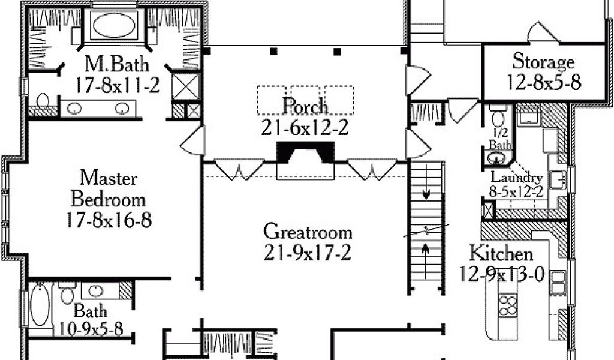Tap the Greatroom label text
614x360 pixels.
[308, 232]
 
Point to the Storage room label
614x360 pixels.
[543, 62]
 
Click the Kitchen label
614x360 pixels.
[501, 252]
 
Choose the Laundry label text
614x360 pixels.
[517, 178]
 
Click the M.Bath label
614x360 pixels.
[116, 64]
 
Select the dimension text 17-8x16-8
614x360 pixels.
[109, 220]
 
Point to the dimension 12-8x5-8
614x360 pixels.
[543, 82]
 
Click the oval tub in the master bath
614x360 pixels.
[116, 26]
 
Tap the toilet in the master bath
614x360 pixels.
[43, 100]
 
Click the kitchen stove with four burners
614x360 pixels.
[508, 305]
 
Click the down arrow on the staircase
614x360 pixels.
[426, 193]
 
